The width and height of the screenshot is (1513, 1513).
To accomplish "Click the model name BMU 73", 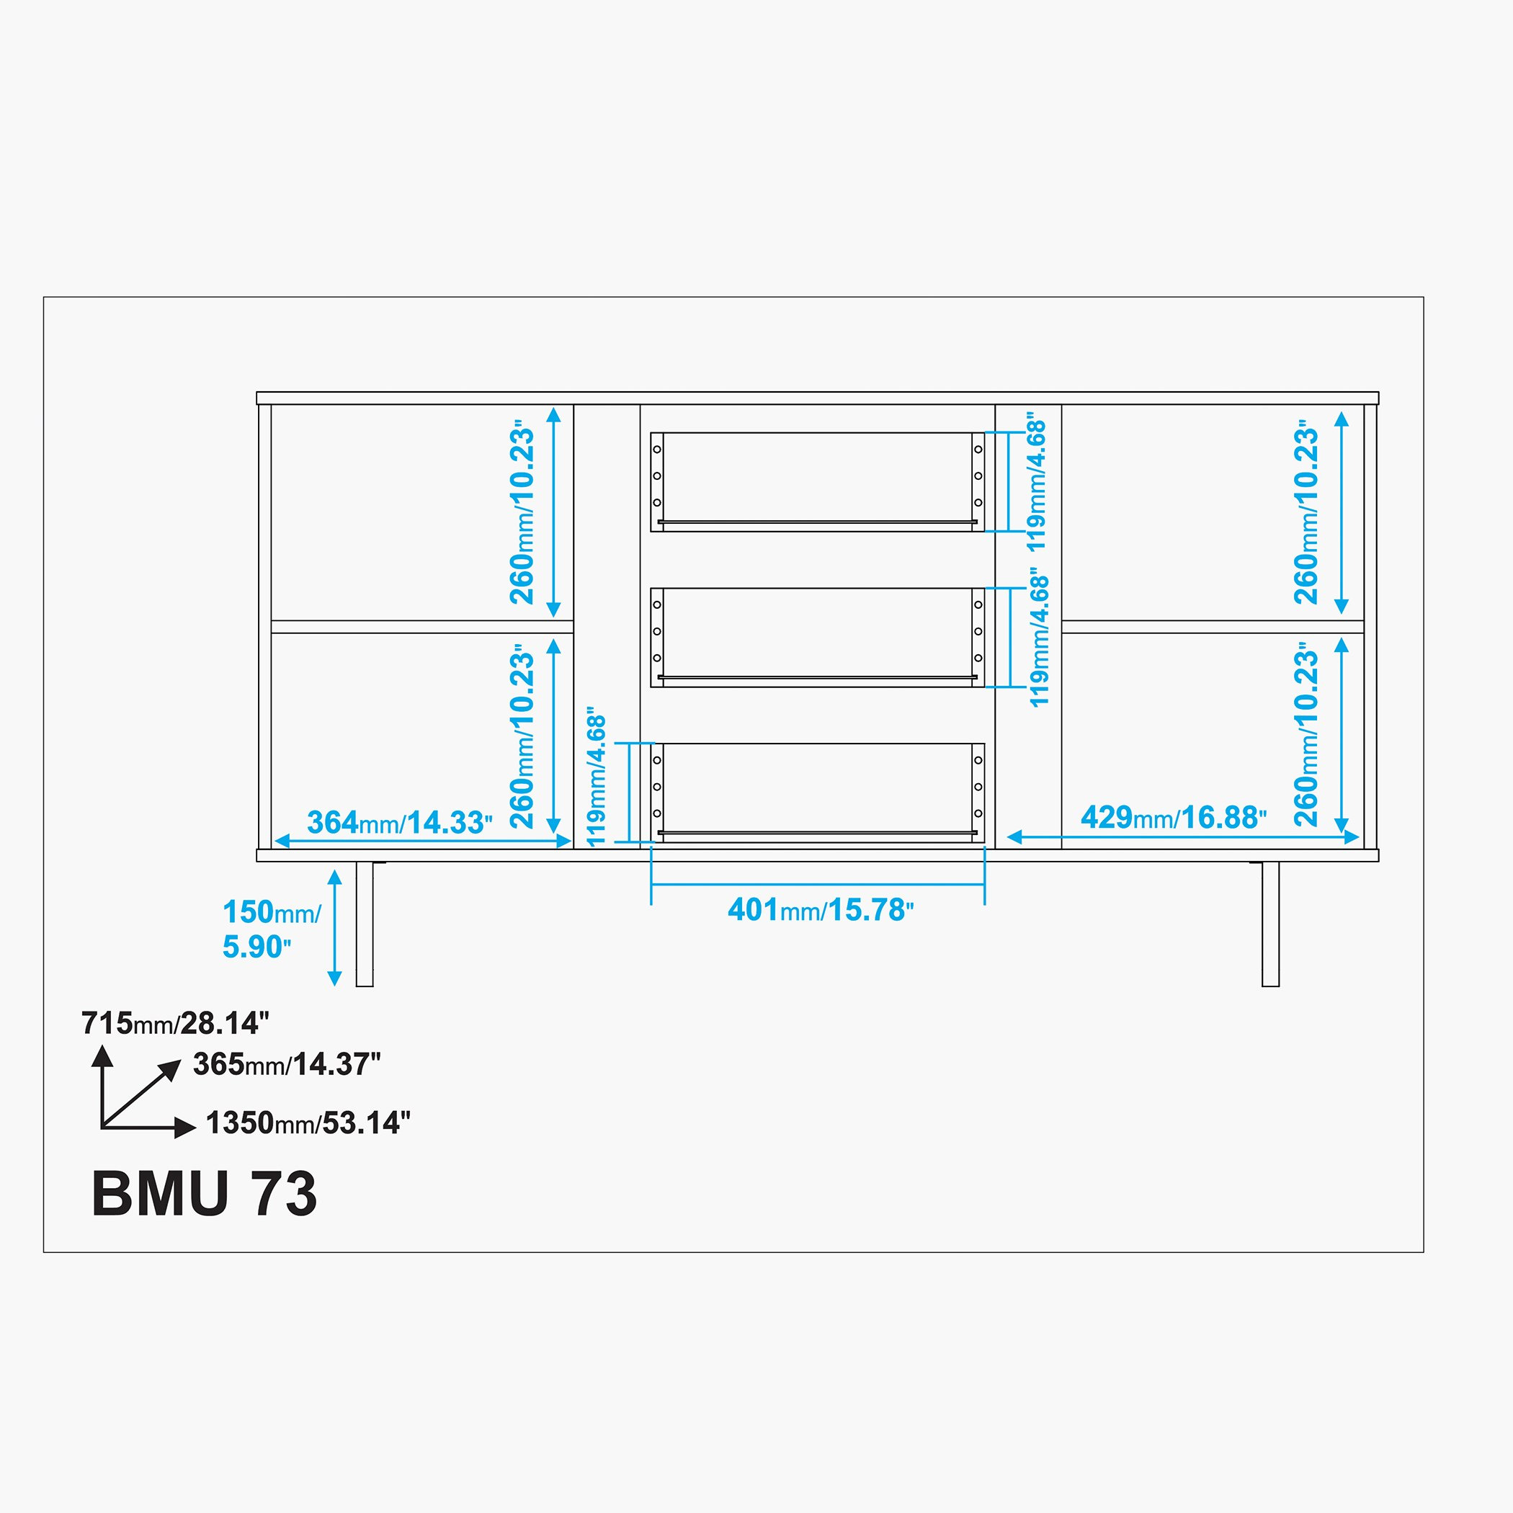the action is [x=205, y=1195].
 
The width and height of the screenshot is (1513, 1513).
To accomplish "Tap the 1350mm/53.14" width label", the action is [x=308, y=1123].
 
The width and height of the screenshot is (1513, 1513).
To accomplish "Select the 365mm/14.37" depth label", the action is [x=287, y=1064].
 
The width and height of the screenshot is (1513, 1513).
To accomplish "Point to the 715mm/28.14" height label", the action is [x=175, y=1024].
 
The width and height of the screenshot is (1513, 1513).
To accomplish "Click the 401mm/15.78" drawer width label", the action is [x=821, y=910].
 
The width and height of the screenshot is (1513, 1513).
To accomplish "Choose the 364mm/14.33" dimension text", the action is [x=399, y=822].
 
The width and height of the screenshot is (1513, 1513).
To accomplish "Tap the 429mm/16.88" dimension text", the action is [x=1174, y=818].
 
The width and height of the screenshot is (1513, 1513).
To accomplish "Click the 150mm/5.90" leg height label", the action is [x=271, y=929].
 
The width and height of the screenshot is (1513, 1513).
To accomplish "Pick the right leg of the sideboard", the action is [x=1270, y=924].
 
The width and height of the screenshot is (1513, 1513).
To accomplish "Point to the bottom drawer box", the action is [x=818, y=793].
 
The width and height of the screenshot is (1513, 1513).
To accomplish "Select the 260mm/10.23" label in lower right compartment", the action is [x=1306, y=735].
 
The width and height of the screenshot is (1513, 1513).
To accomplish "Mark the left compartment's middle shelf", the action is [x=422, y=627].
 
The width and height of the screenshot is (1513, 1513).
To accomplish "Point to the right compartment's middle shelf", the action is [x=1213, y=627].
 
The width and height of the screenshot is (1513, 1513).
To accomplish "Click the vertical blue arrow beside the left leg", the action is [x=334, y=928].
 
